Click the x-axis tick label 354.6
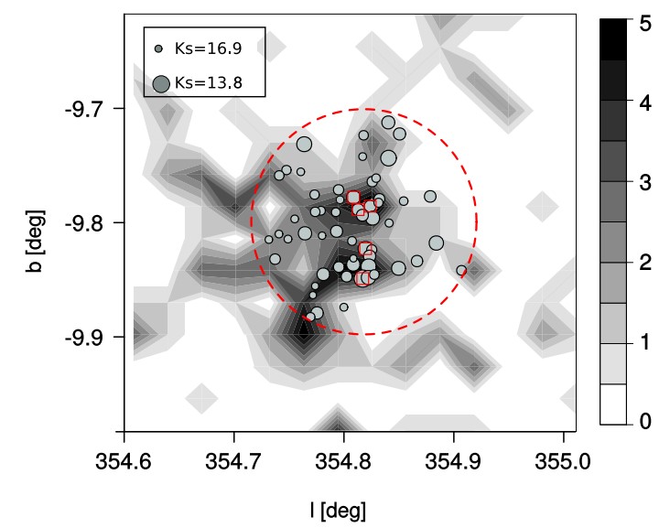click(x=124, y=462)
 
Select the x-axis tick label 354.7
click(x=233, y=462)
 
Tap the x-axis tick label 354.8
click(x=343, y=462)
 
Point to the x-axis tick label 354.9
click(x=453, y=462)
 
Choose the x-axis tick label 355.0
click(x=563, y=462)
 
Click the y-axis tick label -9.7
click(x=85, y=110)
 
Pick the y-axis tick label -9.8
click(x=85, y=224)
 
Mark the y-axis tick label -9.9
click(x=85, y=339)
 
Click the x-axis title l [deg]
click(x=338, y=511)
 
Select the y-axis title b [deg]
click(x=35, y=241)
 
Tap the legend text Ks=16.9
click(x=209, y=48)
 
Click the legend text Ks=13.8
click(x=209, y=82)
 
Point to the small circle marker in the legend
click(x=158, y=48)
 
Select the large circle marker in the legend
click(x=161, y=84)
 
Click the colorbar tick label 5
click(x=645, y=24)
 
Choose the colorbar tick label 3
click(x=645, y=182)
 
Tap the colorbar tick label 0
click(x=645, y=420)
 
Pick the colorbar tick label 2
click(x=645, y=262)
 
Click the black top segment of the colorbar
click(x=612, y=39)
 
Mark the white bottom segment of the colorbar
click(x=612, y=404)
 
